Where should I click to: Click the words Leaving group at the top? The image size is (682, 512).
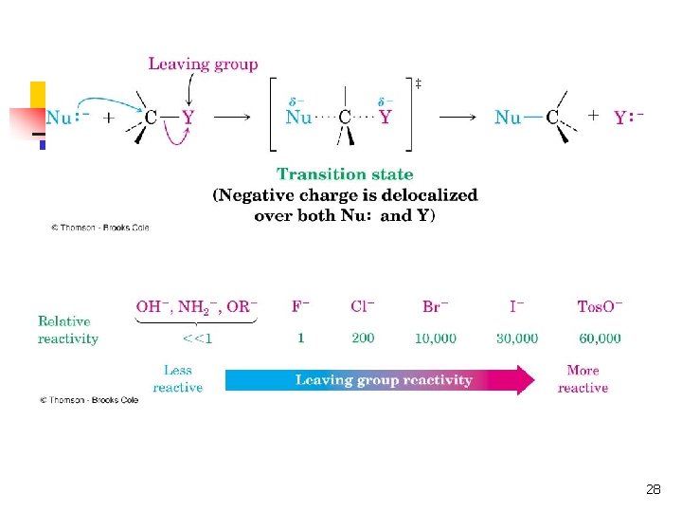203,64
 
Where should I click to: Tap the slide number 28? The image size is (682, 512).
653,489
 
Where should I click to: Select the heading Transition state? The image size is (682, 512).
345,174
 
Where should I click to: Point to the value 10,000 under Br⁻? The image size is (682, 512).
436,338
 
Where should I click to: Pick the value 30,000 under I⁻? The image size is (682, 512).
517,338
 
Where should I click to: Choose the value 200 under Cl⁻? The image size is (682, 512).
362,338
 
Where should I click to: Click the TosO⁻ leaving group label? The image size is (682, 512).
600,306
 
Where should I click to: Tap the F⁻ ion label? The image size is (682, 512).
301,306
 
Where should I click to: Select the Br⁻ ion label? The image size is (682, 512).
436,306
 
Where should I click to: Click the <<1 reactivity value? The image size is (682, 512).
197,338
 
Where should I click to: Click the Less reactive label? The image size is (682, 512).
177,379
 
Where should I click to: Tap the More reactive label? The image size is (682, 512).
583,379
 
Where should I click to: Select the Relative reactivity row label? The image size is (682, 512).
68,330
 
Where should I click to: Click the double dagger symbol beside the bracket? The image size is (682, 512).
418,84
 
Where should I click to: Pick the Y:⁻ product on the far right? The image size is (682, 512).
628,118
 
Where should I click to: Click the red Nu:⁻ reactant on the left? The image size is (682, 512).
66,118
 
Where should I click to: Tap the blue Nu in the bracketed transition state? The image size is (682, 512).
298,118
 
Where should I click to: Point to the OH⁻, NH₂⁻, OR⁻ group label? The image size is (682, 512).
197,306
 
